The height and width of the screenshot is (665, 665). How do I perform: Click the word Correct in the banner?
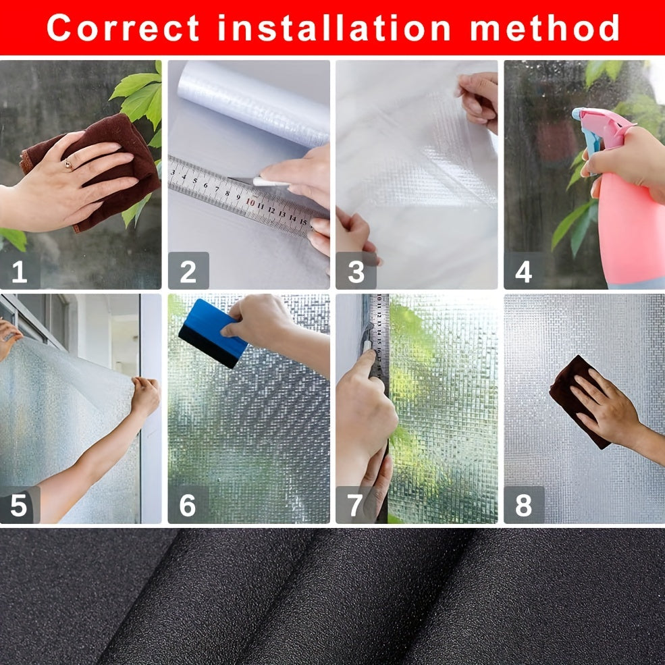click(123, 28)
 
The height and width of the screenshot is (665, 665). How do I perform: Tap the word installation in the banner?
click(334, 28)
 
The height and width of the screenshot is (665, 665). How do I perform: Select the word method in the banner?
click(545, 28)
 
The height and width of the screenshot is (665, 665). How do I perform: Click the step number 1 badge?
click(20, 271)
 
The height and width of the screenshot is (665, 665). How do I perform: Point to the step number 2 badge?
click(188, 271)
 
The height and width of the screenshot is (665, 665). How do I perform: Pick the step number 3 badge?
click(356, 271)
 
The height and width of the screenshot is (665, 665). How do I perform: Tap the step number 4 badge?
click(524, 271)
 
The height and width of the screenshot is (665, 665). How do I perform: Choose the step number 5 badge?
click(20, 505)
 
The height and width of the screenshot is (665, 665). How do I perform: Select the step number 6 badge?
click(188, 505)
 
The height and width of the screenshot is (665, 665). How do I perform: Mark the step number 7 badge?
click(356, 505)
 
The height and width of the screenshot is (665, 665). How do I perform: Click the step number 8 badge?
click(524, 505)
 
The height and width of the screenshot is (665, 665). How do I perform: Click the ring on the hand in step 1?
click(68, 164)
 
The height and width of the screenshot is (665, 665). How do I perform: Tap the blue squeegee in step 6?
click(212, 334)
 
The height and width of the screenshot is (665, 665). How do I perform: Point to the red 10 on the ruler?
click(250, 203)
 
